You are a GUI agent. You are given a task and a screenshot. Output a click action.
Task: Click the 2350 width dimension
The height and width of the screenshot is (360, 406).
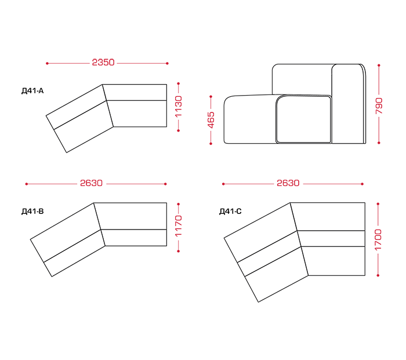click(103, 63)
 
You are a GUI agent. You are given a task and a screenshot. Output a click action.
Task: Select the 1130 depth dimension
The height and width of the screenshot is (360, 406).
click(179, 107)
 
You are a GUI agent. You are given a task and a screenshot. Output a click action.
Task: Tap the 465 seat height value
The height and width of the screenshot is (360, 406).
click(211, 120)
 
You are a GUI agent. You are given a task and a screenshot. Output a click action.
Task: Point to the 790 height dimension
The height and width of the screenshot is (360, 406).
click(379, 106)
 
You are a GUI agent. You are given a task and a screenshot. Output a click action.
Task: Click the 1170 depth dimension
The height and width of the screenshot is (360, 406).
click(179, 226)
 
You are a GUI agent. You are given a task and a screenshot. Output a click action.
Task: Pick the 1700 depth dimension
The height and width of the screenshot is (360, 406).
click(378, 239)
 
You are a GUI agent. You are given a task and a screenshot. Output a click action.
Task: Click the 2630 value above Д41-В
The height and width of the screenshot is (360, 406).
click(92, 183)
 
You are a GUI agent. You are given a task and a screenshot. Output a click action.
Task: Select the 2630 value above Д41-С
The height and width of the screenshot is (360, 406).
click(288, 183)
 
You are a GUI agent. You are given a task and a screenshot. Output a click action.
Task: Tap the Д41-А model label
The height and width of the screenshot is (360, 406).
click(32, 91)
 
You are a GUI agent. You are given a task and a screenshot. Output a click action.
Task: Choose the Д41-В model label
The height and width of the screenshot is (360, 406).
click(32, 212)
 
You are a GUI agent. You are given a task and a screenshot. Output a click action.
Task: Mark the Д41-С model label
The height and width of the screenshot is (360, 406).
click(230, 212)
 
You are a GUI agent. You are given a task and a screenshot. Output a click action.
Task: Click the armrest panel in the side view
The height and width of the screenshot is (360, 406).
click(303, 119)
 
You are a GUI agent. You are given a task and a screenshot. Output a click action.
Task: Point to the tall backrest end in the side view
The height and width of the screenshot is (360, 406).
click(349, 104)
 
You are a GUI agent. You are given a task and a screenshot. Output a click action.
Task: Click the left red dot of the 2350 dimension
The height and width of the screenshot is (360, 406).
click(47, 63)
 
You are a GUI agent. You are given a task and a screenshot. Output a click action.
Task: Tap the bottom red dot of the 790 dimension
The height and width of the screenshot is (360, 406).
click(379, 143)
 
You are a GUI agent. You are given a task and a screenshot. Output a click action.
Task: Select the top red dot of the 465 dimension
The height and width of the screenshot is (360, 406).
click(211, 97)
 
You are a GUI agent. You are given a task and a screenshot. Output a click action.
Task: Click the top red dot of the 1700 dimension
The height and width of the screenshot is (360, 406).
click(378, 204)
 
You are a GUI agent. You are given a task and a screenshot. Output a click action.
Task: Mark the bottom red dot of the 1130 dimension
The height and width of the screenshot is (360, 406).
click(179, 130)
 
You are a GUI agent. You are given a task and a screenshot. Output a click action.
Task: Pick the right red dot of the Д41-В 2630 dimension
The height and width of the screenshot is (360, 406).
click(165, 184)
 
